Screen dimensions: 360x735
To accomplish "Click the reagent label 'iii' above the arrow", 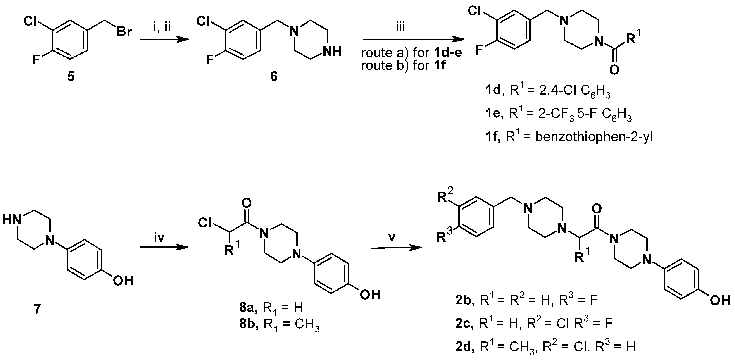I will point(400,28).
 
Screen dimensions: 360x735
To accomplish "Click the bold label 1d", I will point(493,91).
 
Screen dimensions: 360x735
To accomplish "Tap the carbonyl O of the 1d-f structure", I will point(614,69).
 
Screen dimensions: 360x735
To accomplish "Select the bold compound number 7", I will point(37,309).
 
